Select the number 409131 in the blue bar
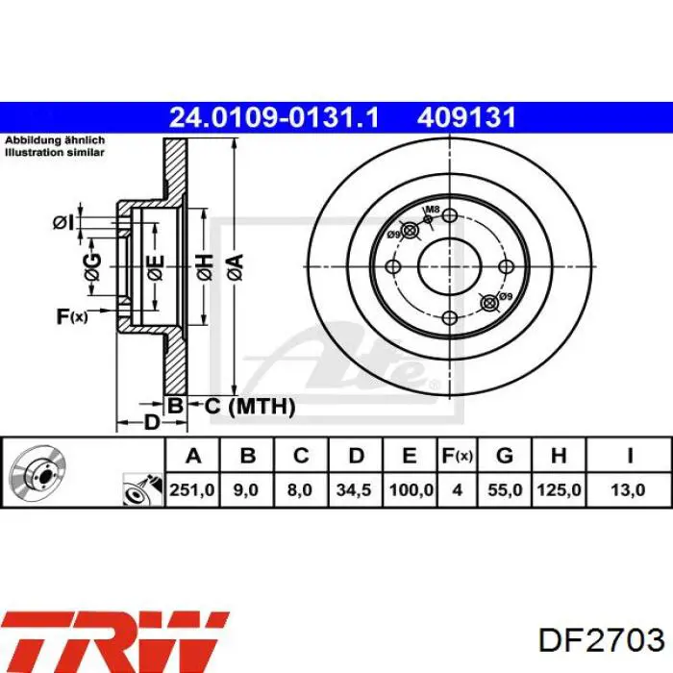click(467, 117)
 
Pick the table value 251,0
click(193, 490)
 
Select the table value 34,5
click(354, 490)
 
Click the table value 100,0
click(410, 490)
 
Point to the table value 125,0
click(560, 490)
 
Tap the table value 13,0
click(630, 490)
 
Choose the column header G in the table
click(506, 455)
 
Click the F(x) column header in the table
click(458, 455)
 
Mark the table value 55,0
click(506, 490)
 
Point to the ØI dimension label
click(63, 222)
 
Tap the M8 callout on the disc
click(433, 211)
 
